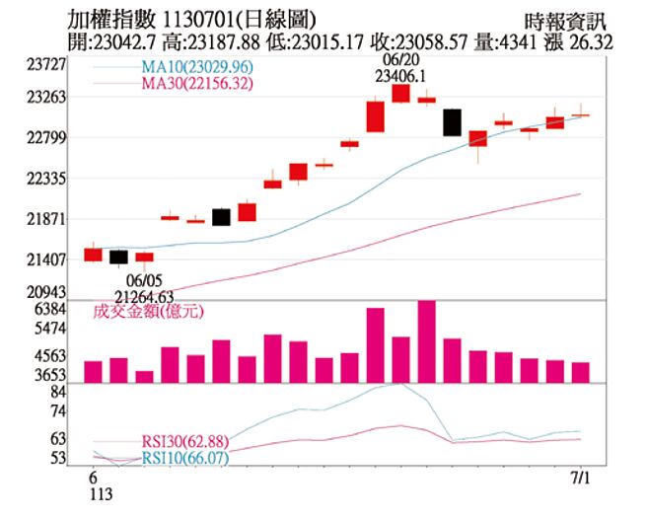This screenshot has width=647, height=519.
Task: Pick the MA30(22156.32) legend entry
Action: (197, 84)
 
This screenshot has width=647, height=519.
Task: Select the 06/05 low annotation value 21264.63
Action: (144, 295)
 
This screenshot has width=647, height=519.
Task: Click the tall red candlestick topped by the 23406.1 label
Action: (400, 93)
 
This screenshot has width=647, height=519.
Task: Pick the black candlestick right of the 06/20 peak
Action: (452, 122)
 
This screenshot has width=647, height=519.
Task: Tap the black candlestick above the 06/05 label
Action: (118, 258)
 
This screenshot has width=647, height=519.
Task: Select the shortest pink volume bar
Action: (144, 376)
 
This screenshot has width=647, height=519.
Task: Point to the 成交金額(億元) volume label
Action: (147, 312)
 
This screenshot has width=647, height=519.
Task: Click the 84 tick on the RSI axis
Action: (58, 392)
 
